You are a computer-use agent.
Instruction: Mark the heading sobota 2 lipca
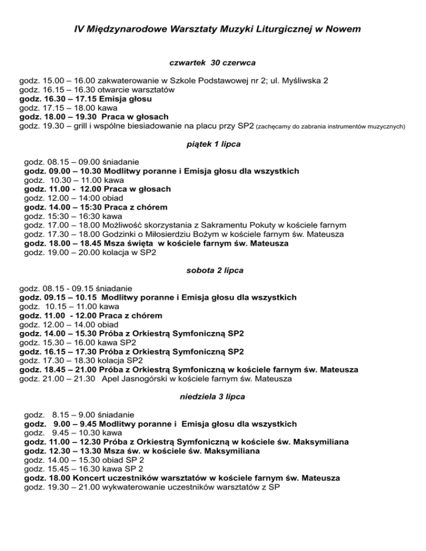[212, 271]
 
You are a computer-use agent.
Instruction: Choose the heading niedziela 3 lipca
[212, 397]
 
